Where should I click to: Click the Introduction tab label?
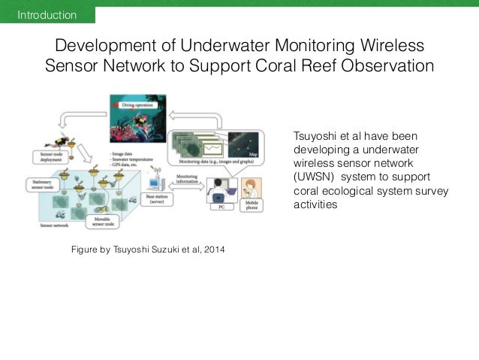[47, 15]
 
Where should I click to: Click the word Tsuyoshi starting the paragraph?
[314, 136]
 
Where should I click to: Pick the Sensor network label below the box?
[55, 225]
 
